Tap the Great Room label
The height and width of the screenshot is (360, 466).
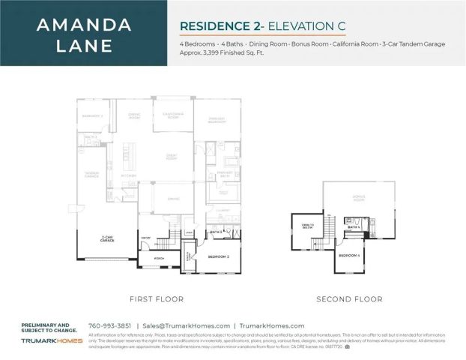[172, 157]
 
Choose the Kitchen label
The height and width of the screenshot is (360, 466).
[128, 177]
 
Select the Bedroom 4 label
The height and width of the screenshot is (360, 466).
[349, 256]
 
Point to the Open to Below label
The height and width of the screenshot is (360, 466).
[307, 226]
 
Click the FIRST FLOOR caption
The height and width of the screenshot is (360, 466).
[157, 299]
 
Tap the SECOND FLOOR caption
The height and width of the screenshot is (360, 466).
[349, 299]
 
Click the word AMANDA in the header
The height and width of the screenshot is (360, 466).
[84, 24]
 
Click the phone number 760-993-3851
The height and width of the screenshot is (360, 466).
[110, 325]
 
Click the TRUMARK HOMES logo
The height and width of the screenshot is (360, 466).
[51, 341]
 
